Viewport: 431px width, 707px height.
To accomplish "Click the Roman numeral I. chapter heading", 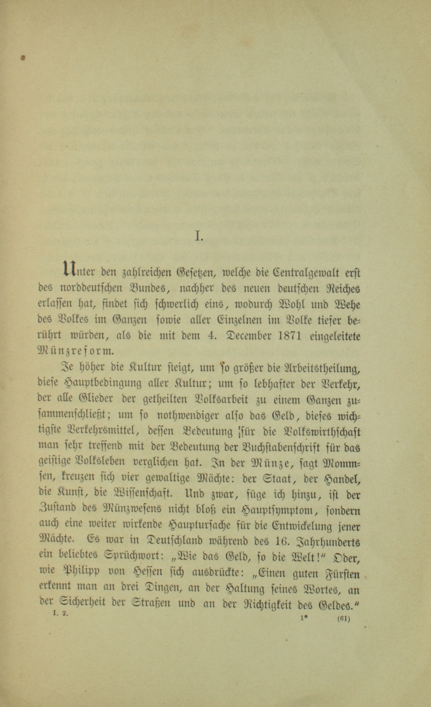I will tap(199, 237).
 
